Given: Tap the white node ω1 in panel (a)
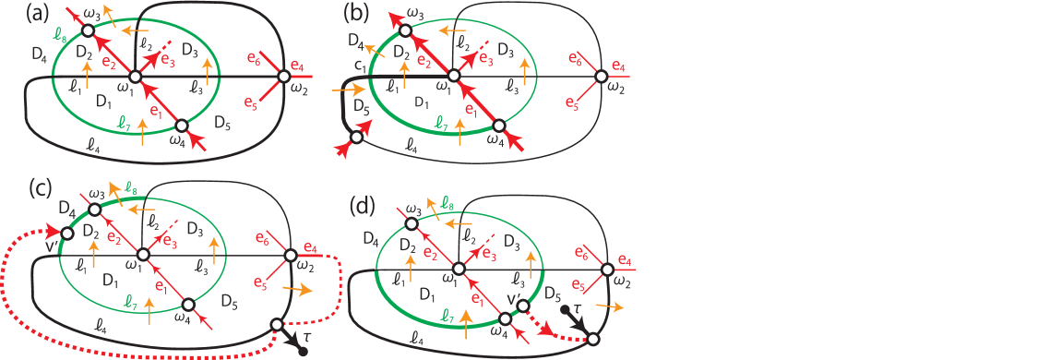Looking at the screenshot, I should (x=135, y=77).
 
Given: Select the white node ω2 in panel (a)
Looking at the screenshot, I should (x=284, y=77).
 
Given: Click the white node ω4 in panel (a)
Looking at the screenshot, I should (x=182, y=126).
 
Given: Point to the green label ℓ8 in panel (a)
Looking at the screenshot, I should (x=61, y=40).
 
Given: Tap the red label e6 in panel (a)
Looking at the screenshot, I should (x=253, y=58).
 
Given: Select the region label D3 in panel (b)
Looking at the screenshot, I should (x=505, y=49).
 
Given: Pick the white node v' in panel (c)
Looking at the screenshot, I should (x=67, y=234).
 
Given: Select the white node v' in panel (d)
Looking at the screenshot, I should (x=522, y=306).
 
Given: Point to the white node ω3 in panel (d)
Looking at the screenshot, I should (x=412, y=223).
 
